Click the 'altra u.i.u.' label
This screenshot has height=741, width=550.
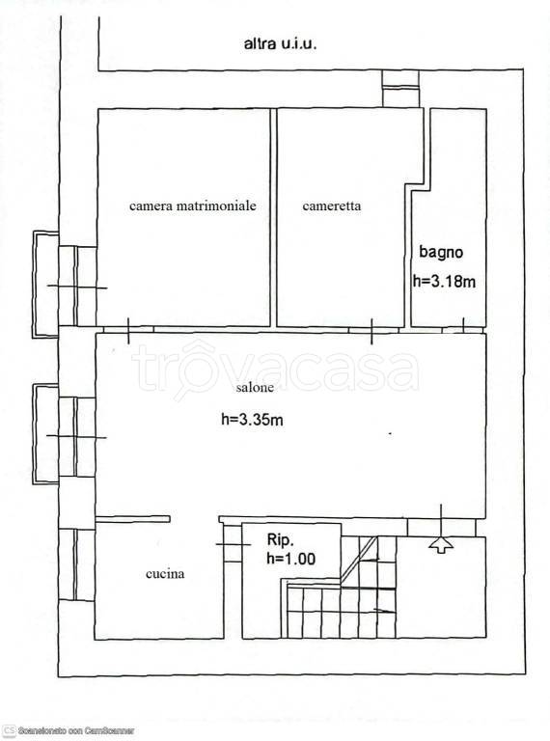pyautogui.click(x=280, y=44)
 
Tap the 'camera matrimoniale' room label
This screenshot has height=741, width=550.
pyautogui.click(x=193, y=206)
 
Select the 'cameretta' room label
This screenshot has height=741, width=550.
pyautogui.click(x=332, y=206)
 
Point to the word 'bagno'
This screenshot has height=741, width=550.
pyautogui.click(x=441, y=252)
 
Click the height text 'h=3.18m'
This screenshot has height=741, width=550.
pyautogui.click(x=444, y=282)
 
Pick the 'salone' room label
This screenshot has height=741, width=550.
pyautogui.click(x=255, y=388)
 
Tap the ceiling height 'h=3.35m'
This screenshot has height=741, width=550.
pyautogui.click(x=252, y=419)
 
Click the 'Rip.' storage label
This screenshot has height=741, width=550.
pyautogui.click(x=281, y=539)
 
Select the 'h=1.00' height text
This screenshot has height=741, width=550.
pyautogui.click(x=291, y=559)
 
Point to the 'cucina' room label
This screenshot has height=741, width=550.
pyautogui.click(x=165, y=574)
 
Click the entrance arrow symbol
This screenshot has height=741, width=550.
pyautogui.click(x=441, y=544)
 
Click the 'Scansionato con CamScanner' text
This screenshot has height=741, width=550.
pyautogui.click(x=75, y=730)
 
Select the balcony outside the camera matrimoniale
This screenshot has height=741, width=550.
pyautogui.click(x=46, y=284)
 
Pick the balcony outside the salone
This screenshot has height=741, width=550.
pyautogui.click(x=46, y=434)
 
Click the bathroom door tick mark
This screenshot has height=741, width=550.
pyautogui.click(x=463, y=324)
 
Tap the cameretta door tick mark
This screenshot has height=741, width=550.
pyautogui.click(x=371, y=331)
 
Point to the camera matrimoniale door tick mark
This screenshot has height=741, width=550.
pyautogui.click(x=128, y=330)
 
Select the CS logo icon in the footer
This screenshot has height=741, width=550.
pyautogui.click(x=9, y=730)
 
